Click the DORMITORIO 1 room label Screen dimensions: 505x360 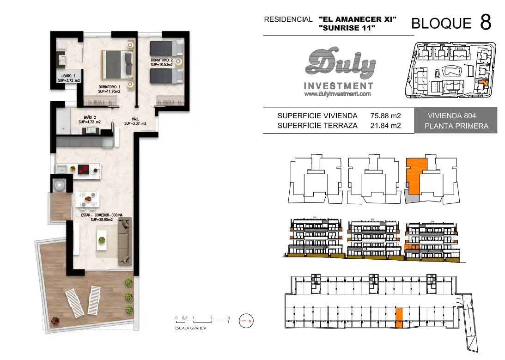(109, 89)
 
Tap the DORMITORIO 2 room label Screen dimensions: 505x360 (162, 62)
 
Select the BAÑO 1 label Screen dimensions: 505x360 (69, 78)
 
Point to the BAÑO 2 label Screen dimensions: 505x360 (90, 120)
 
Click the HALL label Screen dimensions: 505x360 (135, 121)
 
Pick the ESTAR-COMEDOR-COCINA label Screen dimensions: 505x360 (102, 217)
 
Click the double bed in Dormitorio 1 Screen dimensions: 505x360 (117, 64)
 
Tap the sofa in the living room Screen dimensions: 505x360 (125, 241)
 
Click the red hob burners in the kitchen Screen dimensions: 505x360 (84, 169)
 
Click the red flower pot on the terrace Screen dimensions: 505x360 (55, 320)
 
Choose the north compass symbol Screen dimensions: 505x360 (246, 321)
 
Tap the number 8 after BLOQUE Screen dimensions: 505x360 (486, 22)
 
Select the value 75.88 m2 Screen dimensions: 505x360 (385, 116)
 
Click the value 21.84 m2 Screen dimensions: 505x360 (385, 126)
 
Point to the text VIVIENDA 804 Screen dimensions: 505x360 (451, 116)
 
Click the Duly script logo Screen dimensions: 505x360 (340, 63)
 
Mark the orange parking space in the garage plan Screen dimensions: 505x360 (399, 318)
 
